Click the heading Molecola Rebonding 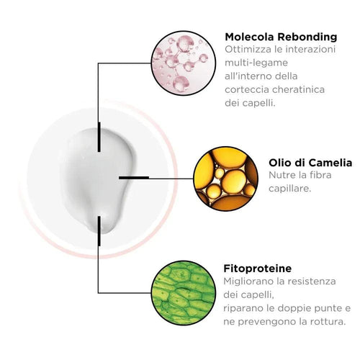tap(281, 37)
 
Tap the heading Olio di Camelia tap(310, 163)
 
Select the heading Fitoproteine tap(258, 269)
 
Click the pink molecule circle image tap(184, 63)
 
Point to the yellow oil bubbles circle tap(225, 179)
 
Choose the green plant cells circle tap(184, 293)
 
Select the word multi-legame tap(256, 63)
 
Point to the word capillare tap(289, 189)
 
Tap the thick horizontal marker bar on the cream tap(134, 178)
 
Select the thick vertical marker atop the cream tap(99, 137)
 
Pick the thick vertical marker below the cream tap(99, 231)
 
